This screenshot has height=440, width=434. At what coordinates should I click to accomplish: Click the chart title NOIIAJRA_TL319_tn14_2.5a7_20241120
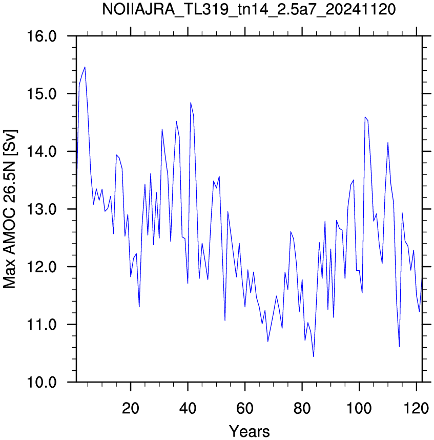point(249,10)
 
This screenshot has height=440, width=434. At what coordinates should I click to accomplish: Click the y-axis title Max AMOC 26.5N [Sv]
point(10,209)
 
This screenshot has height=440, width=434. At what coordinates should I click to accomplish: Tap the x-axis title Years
point(249,431)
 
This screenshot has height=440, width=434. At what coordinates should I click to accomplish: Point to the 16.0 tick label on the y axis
point(42,36)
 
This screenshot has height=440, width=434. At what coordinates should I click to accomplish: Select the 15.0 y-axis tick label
point(42,94)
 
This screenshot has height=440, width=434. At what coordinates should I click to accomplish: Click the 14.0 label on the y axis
point(42,151)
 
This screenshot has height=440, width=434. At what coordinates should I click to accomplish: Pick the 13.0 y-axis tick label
point(42,209)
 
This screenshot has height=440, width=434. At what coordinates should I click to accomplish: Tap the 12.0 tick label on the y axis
point(42,267)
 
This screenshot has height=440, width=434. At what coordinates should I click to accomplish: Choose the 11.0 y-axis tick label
point(42,325)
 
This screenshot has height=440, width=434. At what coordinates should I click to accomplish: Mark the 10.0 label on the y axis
point(42,382)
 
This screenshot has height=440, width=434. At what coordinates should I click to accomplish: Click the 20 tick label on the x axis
point(130,408)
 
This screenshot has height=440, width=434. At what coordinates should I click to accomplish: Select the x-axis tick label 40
point(188,408)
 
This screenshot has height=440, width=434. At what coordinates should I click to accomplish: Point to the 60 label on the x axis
point(245,408)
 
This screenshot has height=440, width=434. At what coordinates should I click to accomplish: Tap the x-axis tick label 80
point(302,408)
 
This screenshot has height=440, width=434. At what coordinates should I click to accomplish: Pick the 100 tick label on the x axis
point(359,408)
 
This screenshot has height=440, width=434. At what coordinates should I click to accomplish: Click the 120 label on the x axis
point(417,408)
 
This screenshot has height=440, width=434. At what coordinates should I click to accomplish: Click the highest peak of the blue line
point(85,67)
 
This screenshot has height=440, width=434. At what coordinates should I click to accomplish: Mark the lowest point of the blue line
point(314,356)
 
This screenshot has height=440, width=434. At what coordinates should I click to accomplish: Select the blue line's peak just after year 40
point(191,103)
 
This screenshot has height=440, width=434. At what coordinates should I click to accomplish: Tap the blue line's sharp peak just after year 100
point(365,117)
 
